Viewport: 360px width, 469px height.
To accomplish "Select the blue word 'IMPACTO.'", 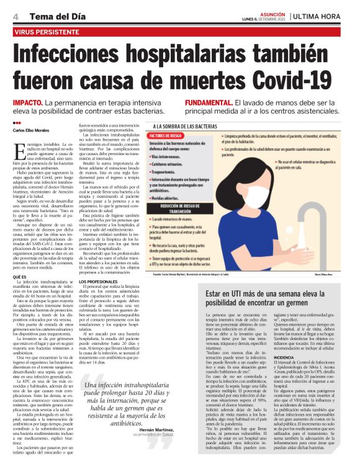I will coord(27,101).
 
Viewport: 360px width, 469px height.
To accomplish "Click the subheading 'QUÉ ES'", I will coord(19,276).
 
